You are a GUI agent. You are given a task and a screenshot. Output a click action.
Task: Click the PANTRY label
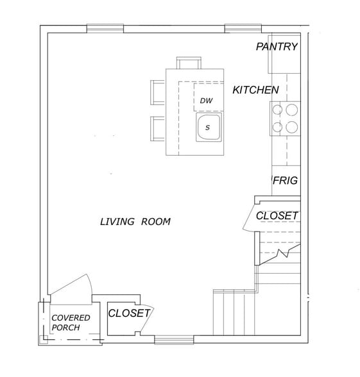[x=277, y=47]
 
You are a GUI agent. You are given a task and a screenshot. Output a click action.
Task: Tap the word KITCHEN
[x=255, y=90]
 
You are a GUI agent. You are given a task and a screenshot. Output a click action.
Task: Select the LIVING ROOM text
[x=135, y=222]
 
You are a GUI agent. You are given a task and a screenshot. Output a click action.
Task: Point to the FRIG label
[x=285, y=181]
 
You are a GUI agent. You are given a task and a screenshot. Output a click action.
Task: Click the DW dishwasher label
[x=206, y=101]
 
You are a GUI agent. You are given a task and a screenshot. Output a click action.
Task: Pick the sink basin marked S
[x=208, y=127]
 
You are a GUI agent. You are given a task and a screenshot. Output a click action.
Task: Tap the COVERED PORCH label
[x=71, y=323]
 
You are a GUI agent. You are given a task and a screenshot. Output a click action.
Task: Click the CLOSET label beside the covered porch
[x=128, y=314]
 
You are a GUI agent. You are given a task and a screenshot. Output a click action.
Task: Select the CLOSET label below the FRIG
[x=277, y=216]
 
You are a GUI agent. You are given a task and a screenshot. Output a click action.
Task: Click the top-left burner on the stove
[x=278, y=110]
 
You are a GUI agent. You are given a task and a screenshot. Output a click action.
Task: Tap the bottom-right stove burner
[x=292, y=126]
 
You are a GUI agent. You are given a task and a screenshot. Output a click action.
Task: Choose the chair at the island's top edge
[x=189, y=63]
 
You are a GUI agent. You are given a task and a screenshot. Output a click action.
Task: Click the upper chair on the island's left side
[x=158, y=92]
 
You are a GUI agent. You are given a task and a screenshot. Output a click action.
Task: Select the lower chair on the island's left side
[x=158, y=128]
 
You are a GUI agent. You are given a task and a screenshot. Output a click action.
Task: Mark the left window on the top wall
[x=105, y=28]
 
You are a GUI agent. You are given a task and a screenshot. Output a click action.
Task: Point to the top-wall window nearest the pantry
[x=242, y=28]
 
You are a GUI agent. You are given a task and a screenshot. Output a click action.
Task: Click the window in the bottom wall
[x=173, y=340]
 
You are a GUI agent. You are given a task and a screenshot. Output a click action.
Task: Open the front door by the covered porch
[x=73, y=289]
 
